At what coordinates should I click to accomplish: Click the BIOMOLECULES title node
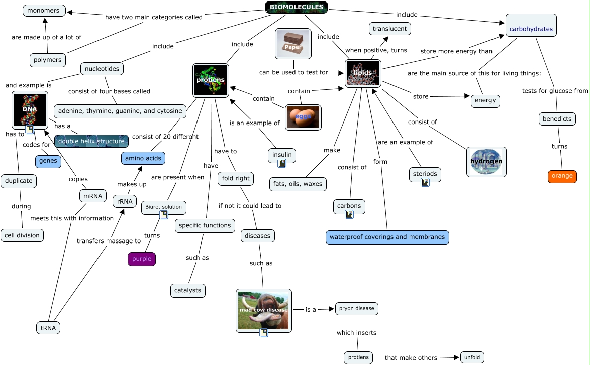297,7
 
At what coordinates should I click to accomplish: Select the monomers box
44,11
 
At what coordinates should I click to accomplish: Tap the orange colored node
562,176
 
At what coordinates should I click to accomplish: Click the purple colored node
141,259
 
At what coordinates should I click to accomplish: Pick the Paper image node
293,44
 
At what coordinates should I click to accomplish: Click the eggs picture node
303,117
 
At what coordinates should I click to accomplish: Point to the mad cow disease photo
263,310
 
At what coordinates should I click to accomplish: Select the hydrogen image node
486,162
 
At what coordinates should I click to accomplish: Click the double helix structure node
91,141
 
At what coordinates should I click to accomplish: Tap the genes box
48,161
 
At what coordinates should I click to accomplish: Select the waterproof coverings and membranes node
387,237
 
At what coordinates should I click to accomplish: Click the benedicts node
557,119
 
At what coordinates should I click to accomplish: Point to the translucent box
389,29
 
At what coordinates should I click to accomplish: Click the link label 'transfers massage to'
109,241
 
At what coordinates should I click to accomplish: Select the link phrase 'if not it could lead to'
250,206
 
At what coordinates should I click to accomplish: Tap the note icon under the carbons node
349,214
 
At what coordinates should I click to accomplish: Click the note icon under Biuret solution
164,215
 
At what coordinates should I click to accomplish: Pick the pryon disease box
356,308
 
